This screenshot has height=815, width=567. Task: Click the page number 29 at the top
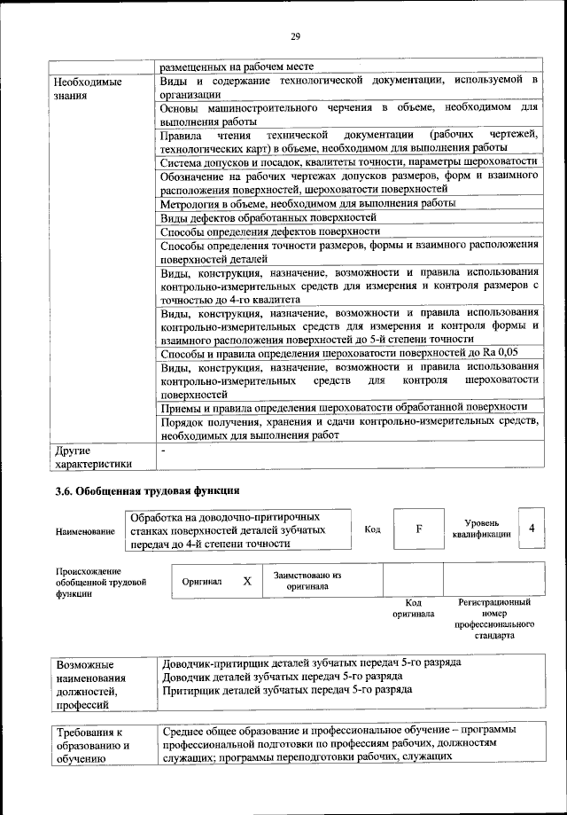pos(296,36)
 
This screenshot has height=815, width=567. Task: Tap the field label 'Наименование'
pos(85,530)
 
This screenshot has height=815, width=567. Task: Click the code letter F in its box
pos(419,529)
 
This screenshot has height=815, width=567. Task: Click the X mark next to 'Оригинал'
pos(248,581)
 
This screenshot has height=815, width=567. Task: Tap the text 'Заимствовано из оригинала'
pos(307,581)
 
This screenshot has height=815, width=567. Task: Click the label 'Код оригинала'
pos(413,608)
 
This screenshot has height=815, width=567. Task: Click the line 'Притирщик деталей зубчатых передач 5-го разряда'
pos(287,689)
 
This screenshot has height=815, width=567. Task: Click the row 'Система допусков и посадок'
pos(349,163)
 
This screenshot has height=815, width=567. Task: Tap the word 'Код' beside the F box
pos(372,529)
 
